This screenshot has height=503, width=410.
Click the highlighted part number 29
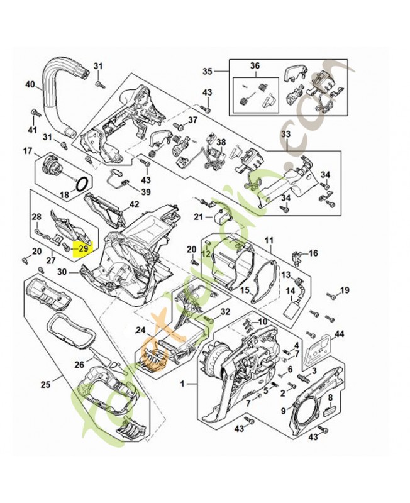pos(81,249)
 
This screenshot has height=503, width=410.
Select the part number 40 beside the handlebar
pos(30,84)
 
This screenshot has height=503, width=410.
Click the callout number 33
pos(285,135)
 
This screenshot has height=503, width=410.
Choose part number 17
pos(27,151)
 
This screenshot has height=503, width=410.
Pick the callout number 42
pos(134,204)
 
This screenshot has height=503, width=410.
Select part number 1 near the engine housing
pos(183,383)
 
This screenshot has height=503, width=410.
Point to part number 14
pos(291,291)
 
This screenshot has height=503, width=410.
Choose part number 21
pos(198,217)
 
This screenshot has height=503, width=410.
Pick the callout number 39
pos(145,192)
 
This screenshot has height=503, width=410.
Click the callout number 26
pos(79,364)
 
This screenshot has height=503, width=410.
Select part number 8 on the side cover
pos(331,397)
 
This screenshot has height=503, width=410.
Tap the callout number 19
pos(344,290)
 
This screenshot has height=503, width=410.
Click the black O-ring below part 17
pos(82,183)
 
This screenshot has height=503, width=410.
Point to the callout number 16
pos(313,253)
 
